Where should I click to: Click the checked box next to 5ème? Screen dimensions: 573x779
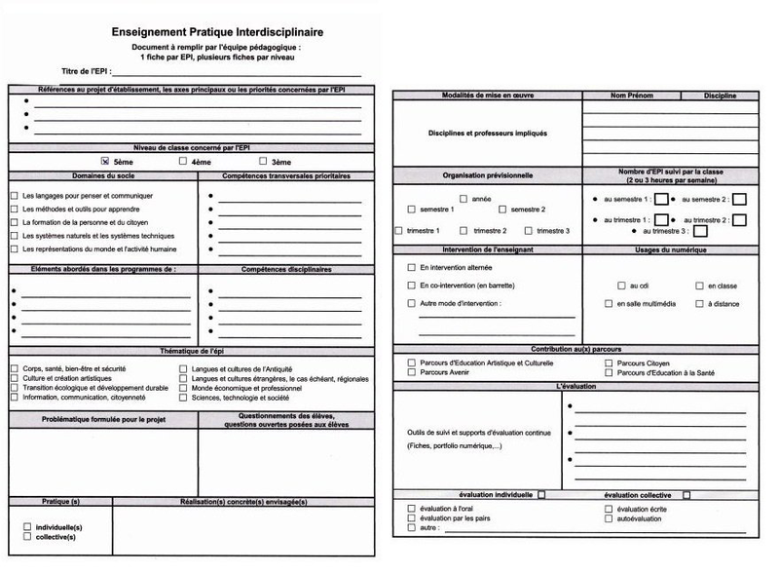point(105,161)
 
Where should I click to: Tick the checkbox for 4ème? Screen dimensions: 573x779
point(182,161)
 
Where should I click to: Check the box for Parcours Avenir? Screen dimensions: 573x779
point(412,371)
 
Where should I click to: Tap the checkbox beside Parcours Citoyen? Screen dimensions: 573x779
point(610,363)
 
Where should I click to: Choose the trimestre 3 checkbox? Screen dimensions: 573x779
point(528,231)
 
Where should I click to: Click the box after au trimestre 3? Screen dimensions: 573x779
point(700,231)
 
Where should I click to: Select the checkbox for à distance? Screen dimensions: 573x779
point(699,304)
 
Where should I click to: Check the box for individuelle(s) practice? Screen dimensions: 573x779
point(27,527)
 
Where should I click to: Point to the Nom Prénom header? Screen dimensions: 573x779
point(631,95)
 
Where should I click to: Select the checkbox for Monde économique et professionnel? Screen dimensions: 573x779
point(183,388)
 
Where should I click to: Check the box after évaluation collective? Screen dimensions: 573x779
point(686,495)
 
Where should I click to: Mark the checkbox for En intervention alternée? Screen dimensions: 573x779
point(411,266)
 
